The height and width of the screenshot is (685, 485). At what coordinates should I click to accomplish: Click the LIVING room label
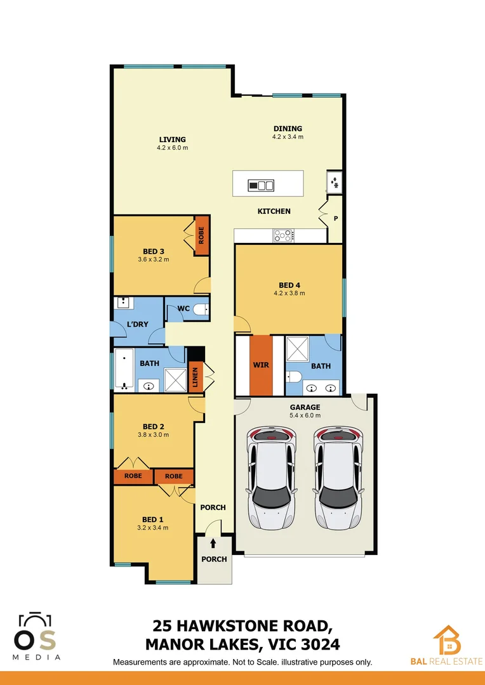click(172, 140)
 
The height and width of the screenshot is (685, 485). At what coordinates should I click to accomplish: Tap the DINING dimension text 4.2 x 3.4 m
click(288, 136)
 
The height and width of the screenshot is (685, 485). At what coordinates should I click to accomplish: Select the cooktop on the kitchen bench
click(283, 236)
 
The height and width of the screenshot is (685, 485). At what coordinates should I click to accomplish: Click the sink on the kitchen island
click(261, 185)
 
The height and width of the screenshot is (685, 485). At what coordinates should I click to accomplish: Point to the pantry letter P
click(335, 219)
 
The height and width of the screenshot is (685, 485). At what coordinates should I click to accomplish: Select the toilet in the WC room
click(200, 309)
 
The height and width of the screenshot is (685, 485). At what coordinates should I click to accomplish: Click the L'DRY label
click(137, 324)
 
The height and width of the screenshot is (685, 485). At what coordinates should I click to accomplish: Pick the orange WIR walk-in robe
click(260, 366)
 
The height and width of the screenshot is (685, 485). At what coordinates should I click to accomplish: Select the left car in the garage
click(272, 478)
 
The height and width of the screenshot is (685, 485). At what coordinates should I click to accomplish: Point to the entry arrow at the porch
click(213, 544)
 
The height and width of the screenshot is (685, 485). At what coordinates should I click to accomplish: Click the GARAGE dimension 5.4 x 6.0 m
click(305, 415)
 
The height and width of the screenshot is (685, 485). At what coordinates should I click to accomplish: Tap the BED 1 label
click(153, 519)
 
